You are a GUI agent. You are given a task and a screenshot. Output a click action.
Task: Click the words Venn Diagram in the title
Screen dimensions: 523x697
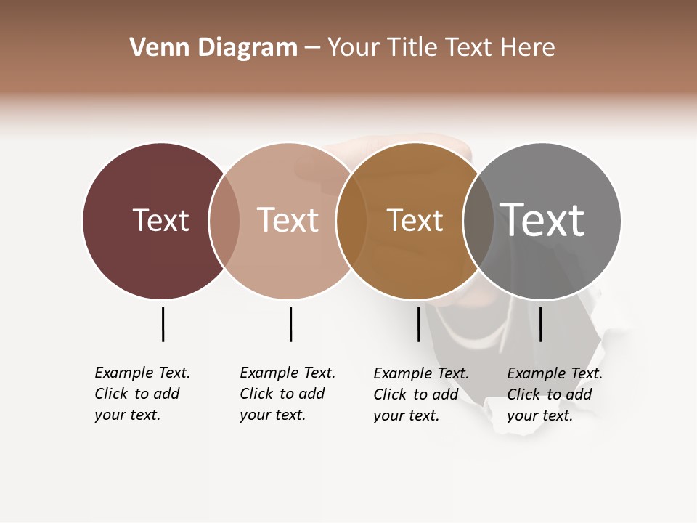pyautogui.click(x=213, y=48)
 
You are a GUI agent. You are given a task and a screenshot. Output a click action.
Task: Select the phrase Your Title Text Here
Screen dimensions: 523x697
pyautogui.click(x=441, y=48)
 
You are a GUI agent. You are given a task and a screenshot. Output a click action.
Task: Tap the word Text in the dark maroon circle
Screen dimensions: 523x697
pyautogui.click(x=160, y=220)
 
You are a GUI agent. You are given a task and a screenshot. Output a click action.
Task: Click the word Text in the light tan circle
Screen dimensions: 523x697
pyautogui.click(x=288, y=220)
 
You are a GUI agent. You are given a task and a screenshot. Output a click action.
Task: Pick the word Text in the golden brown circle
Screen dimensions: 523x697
pyautogui.click(x=415, y=220)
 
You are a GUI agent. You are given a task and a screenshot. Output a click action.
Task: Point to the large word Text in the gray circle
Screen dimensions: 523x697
pyautogui.click(x=542, y=219)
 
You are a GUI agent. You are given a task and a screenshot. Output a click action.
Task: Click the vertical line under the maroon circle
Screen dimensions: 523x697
pyautogui.click(x=163, y=324)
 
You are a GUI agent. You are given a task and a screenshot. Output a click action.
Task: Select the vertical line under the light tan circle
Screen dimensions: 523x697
pyautogui.click(x=290, y=324)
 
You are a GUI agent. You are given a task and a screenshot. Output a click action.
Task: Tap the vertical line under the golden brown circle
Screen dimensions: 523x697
pyautogui.click(x=418, y=324)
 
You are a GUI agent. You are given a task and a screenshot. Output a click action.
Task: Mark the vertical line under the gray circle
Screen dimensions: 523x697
pyautogui.click(x=540, y=324)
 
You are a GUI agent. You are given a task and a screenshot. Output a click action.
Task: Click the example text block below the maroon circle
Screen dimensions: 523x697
pyautogui.click(x=142, y=394)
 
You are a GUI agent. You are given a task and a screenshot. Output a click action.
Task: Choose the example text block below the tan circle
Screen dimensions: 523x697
pyautogui.click(x=287, y=394)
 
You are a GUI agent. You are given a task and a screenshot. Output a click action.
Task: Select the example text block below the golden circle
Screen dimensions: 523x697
pyautogui.click(x=420, y=394)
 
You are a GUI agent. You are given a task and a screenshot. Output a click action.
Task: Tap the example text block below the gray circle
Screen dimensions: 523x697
pyautogui.click(x=554, y=394)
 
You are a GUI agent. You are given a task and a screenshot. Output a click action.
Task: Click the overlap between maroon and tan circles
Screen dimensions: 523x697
pyautogui.click(x=224, y=221)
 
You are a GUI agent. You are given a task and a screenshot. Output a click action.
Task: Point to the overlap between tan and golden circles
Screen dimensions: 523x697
pyautogui.click(x=351, y=221)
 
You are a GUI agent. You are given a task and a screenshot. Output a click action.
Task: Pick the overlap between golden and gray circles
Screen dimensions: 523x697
pyautogui.click(x=478, y=221)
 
